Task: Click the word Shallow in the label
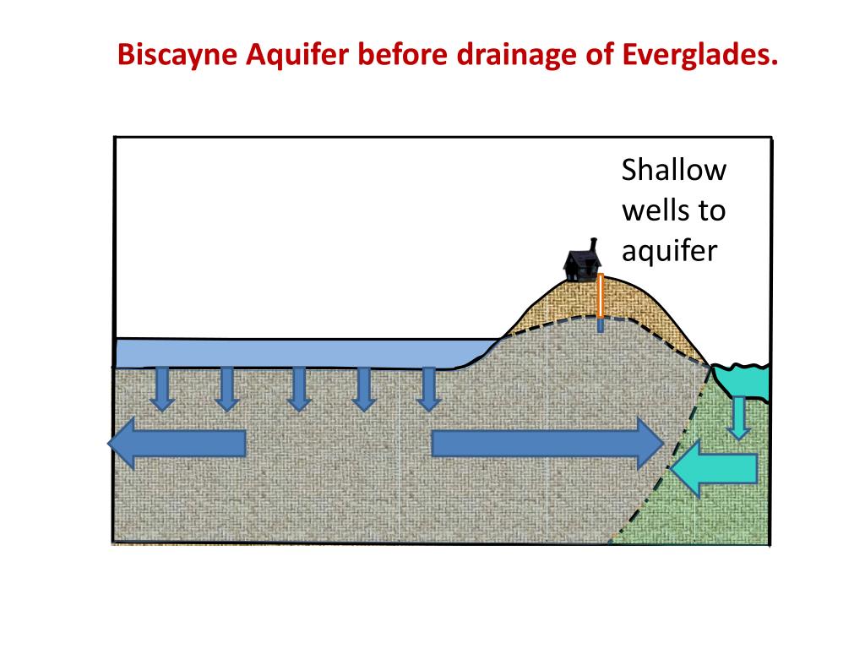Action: coord(673,171)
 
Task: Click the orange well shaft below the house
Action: coord(600,296)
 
